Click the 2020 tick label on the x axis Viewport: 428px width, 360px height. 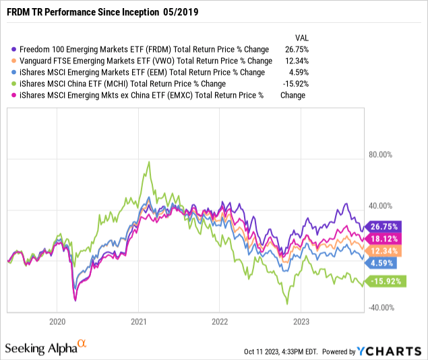tap(57, 322)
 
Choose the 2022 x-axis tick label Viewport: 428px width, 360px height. tap(220, 322)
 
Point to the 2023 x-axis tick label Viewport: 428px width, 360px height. tap(301, 322)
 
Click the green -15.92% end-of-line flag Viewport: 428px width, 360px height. tap(385, 282)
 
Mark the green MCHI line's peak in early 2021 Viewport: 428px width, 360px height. tap(147, 162)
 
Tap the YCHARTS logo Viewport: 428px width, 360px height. tap(396, 351)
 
